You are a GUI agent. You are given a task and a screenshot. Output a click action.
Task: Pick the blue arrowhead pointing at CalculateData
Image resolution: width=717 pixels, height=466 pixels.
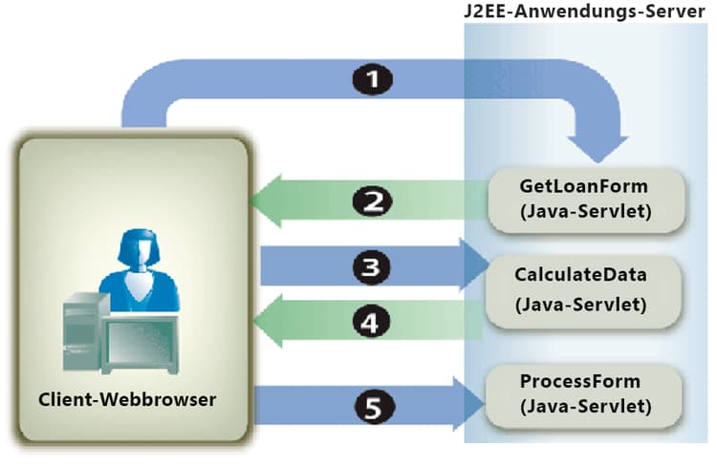coord(472,264)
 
